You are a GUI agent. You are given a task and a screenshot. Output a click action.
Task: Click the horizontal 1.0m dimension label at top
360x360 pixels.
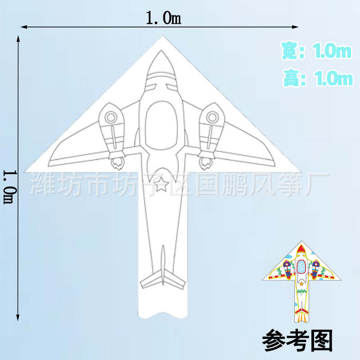tap(163, 18)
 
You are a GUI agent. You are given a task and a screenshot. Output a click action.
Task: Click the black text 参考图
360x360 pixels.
tap(297, 341)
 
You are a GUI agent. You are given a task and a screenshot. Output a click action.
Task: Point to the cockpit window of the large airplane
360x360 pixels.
tap(163, 123)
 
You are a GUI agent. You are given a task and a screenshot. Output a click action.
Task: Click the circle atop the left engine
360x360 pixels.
tap(111, 117)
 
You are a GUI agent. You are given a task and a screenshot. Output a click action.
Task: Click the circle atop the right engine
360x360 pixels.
tap(211, 117)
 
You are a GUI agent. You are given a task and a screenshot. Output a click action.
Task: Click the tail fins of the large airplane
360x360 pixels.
tap(163, 279)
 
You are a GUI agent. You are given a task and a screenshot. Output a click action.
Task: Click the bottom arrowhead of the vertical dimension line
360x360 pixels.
tap(18, 316)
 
